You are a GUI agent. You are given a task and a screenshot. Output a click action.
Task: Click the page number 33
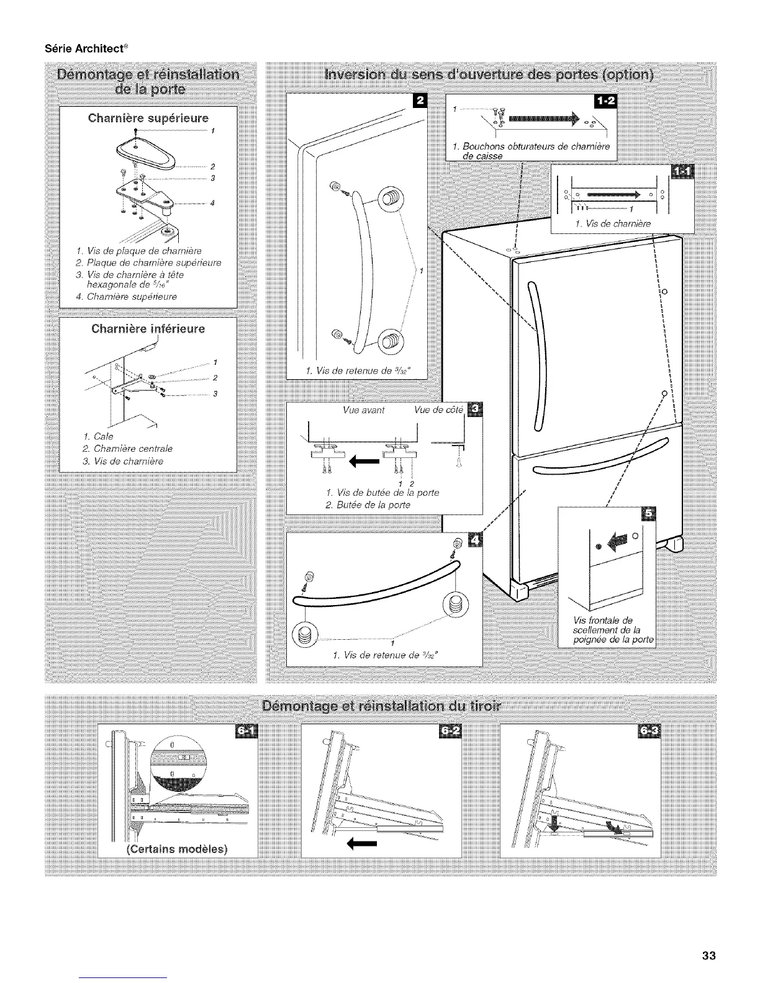click(x=709, y=956)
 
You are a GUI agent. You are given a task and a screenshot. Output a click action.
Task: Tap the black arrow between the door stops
click(x=360, y=460)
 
